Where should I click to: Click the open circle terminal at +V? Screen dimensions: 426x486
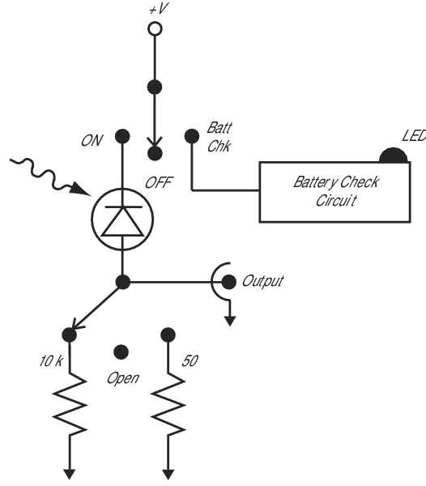tap(155, 29)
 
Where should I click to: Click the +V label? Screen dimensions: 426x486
tap(159, 9)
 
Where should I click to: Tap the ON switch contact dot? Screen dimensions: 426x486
tap(122, 136)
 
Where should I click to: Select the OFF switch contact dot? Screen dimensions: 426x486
tap(155, 153)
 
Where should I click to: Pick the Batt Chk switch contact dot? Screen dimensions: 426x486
tap(192, 136)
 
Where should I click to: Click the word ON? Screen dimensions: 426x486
tap(92, 141)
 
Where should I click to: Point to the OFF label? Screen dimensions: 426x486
tap(159, 182)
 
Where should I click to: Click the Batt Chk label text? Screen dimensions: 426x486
tap(219, 137)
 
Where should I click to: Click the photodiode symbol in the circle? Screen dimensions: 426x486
tap(122, 220)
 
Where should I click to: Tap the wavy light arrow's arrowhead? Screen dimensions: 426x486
tap(80, 189)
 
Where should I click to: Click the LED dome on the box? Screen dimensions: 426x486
tap(393, 156)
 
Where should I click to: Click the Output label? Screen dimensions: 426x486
tap(262, 281)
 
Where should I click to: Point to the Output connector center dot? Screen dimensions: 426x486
tap(229, 282)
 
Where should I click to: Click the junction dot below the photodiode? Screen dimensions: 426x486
tap(122, 282)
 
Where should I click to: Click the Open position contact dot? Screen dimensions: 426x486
tap(121, 352)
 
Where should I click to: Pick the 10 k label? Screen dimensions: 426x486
tap(51, 360)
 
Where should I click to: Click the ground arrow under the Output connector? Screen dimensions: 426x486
tap(229, 313)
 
